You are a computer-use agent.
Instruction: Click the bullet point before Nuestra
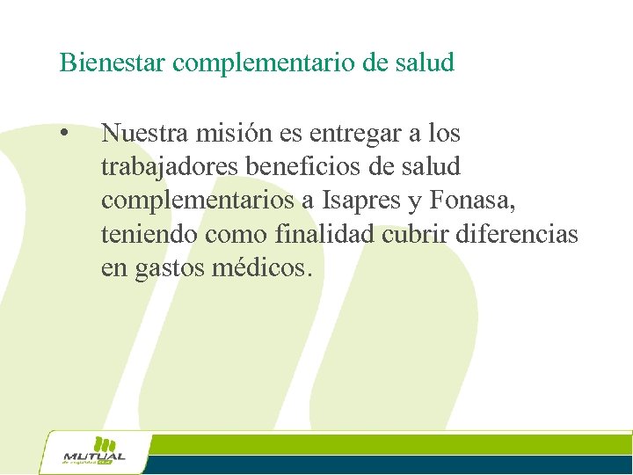pos(64,135)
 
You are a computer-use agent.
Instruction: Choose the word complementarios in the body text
pos(198,201)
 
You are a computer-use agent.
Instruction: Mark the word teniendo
pos(149,235)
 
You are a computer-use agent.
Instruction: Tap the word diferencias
pos(526,235)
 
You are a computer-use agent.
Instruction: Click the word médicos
pos(262,268)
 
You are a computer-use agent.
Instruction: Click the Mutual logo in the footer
pos(94,452)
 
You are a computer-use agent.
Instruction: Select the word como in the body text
pos(236,236)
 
